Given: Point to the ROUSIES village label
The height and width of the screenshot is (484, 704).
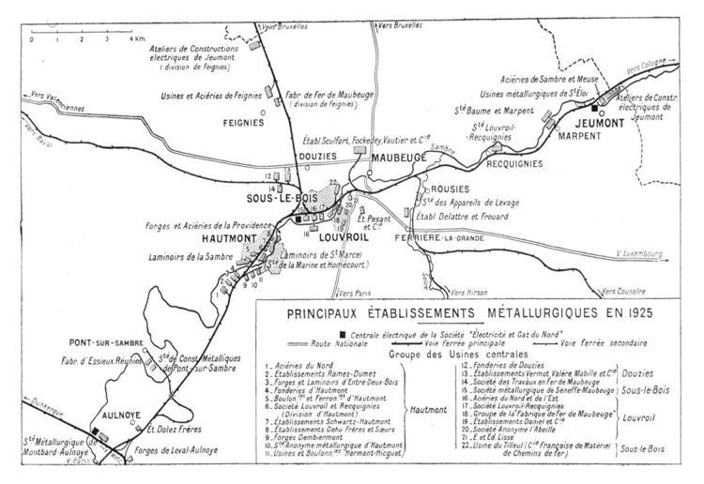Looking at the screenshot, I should (x=440, y=188).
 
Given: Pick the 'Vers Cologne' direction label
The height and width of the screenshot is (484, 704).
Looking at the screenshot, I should (x=648, y=71).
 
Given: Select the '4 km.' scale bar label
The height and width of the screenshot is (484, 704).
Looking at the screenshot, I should (x=138, y=40).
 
